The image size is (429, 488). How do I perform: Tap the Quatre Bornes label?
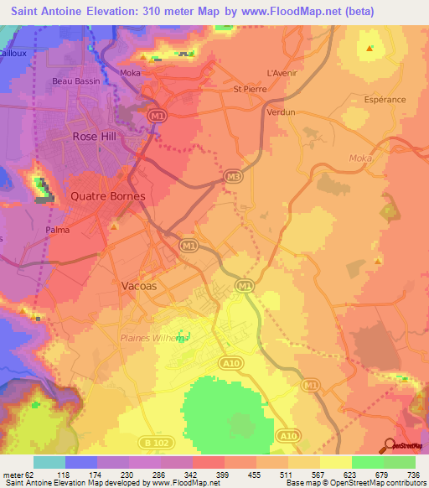coord(107,196)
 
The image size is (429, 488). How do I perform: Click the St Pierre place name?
coord(249,88)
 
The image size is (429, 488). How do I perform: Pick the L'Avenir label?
coord(282,72)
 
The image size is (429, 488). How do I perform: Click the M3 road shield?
coord(233,176)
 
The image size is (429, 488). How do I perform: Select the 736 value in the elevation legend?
coord(413,474)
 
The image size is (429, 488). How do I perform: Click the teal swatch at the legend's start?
coord(49,462)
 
